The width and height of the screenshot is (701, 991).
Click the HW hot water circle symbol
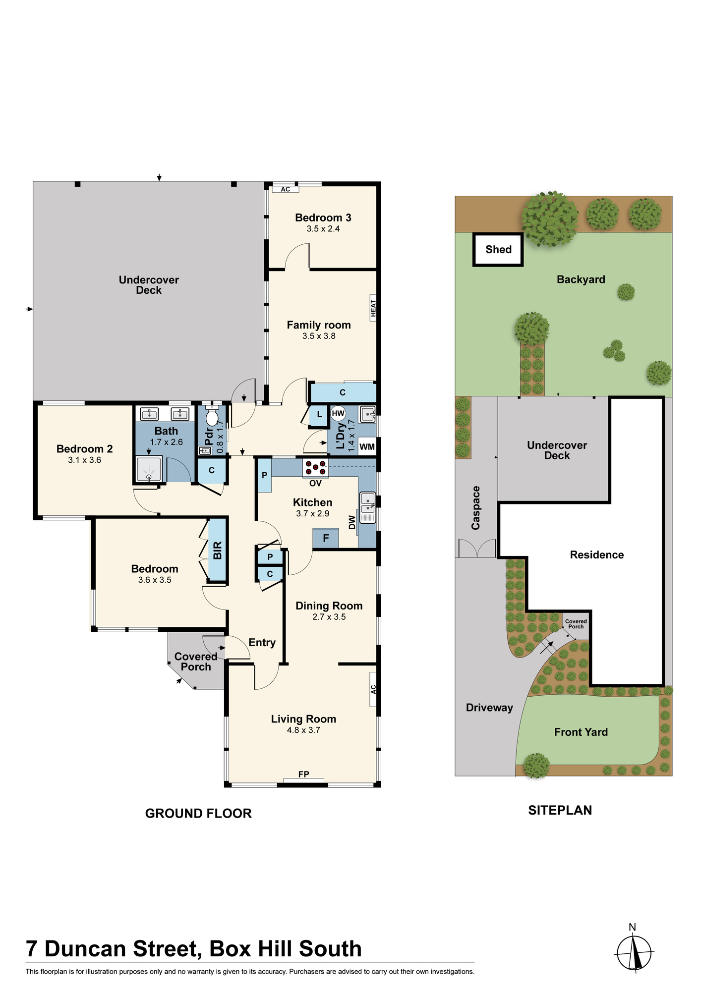coord(338,413)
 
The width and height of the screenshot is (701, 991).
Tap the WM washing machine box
coord(367,446)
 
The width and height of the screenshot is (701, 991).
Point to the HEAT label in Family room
coord(373,308)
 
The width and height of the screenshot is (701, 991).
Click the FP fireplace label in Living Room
coord(304,774)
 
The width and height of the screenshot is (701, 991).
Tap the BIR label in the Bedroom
coord(218,551)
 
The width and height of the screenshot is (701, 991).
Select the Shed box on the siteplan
coord(498,250)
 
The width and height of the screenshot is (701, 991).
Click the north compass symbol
coord(634,951)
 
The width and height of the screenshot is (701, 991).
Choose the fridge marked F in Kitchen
coord(326,539)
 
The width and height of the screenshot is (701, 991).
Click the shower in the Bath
coord(149,469)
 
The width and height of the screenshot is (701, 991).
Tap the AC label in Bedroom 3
coord(286,189)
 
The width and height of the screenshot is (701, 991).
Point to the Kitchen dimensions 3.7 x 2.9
coord(313,514)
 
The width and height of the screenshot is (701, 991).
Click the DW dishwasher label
coord(352,522)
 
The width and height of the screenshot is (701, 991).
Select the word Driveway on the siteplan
coord(489,708)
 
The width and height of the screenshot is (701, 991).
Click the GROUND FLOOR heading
coord(198,814)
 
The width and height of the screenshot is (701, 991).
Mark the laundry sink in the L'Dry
coord(367,414)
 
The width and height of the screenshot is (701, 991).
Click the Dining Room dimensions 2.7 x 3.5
coord(329,617)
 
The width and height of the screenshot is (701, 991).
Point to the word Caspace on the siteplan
coord(476,508)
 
